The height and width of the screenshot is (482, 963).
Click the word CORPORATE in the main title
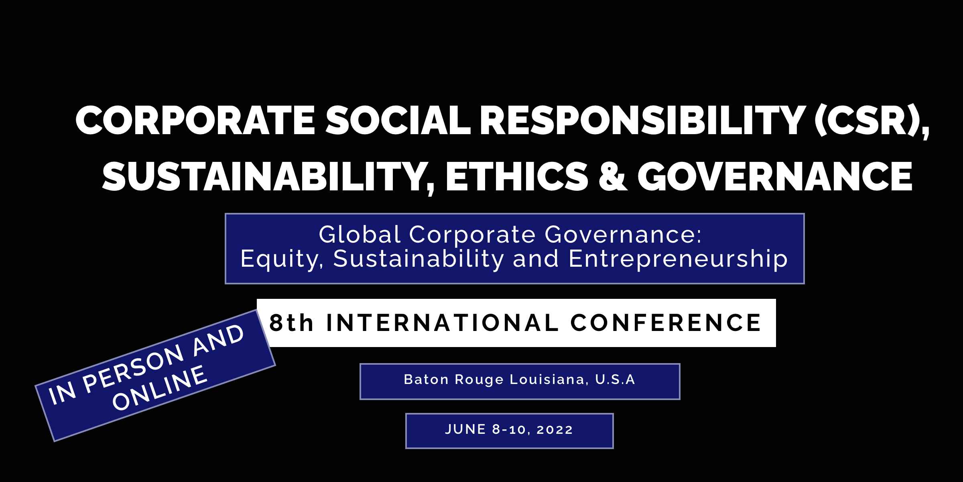(x=196, y=120)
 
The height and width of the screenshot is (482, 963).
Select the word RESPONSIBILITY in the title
(x=642, y=120)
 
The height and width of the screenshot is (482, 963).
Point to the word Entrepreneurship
(x=678, y=259)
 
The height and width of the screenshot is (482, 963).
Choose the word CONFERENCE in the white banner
(x=666, y=323)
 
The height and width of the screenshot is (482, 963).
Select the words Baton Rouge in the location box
(x=453, y=380)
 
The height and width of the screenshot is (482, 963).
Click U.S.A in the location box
(x=616, y=380)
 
